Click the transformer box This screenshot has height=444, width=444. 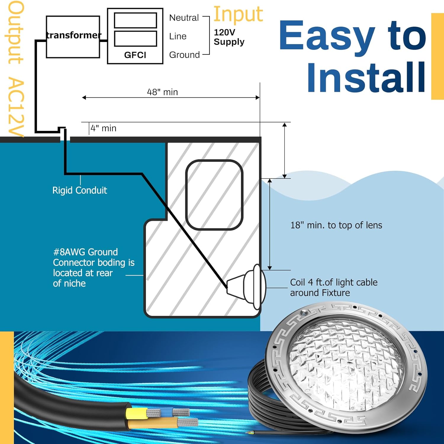pos(73,37)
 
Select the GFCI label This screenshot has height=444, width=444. pos(135,55)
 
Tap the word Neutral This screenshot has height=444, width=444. pos(184,18)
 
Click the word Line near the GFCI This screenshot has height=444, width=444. pos(178,36)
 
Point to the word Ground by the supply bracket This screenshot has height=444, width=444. pos(184,55)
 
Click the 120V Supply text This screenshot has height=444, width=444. pos(229,37)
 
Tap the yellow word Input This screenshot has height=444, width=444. pos(238,14)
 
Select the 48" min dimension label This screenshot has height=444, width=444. pos(163,92)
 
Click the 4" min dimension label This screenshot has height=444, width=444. pos(104,128)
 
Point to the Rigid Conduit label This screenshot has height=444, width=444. pos(80,190)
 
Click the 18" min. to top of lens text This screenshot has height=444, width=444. pos(336,225)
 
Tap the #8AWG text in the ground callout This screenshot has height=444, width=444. pos(70,252)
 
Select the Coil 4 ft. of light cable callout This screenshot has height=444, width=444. pos(334,287)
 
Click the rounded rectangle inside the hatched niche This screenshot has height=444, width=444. pos(214,195)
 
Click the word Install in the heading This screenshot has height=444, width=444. pos(366,77)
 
